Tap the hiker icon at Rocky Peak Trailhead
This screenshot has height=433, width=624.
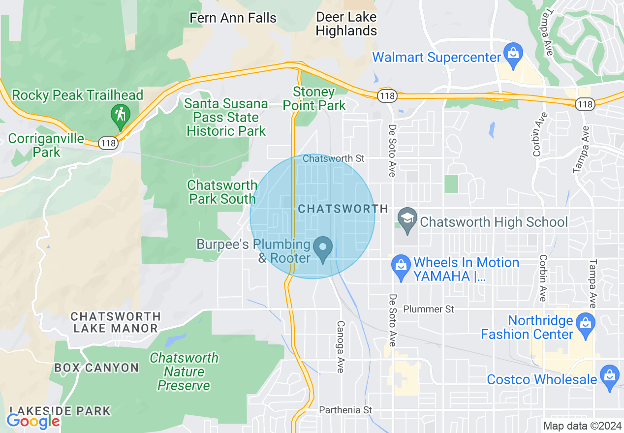(120, 114)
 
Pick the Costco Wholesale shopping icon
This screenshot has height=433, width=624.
(610, 376)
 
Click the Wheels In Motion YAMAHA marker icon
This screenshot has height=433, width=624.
(401, 267)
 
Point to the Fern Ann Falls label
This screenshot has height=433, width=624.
(233, 18)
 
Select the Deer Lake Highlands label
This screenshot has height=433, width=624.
(346, 24)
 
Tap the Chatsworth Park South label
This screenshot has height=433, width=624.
(222, 192)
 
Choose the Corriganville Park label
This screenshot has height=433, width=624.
(46, 145)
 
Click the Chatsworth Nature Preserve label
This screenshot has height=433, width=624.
(184, 371)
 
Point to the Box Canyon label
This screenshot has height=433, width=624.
(96, 368)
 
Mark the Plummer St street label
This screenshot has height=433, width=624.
(429, 309)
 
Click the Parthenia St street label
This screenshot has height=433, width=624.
(345, 410)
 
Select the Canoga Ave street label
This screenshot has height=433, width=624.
(340, 346)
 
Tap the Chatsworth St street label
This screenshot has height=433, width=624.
(334, 158)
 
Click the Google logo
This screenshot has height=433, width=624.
(33, 421)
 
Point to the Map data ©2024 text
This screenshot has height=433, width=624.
(581, 426)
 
